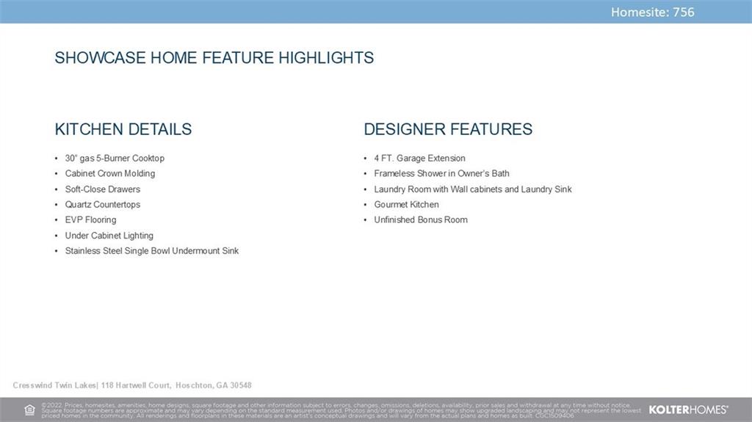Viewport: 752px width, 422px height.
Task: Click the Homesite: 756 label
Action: pos(652,12)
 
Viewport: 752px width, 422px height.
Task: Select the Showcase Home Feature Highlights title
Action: pos(214,57)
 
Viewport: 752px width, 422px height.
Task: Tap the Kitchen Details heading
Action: pos(123,129)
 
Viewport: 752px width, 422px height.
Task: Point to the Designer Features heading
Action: pos(448,129)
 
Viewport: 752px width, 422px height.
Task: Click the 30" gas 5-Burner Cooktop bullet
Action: pos(115,159)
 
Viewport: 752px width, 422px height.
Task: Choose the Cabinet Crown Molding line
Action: pos(110,174)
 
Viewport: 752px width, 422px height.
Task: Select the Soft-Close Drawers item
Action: pos(103,189)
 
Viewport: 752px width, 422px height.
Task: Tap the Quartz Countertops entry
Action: pos(103,204)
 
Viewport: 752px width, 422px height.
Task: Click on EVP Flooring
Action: pos(90,219)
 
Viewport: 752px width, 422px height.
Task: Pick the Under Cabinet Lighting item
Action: pos(109,236)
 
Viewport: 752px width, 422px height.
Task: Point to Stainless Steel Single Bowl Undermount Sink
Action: pos(151,251)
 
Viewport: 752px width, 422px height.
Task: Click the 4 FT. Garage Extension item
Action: pos(419,159)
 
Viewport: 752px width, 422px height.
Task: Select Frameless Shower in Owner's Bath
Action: pos(441,174)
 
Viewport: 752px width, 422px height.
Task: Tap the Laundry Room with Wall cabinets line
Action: pos(473,189)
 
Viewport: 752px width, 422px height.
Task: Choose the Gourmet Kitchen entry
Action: pos(406,204)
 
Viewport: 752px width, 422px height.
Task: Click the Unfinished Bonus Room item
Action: pos(421,219)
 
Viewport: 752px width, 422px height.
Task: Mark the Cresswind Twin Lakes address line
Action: pos(132,385)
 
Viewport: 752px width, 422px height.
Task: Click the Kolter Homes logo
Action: pos(688,410)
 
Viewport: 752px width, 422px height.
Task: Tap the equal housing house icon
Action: pos(29,410)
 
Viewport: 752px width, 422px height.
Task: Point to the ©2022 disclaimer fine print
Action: pos(341,410)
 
